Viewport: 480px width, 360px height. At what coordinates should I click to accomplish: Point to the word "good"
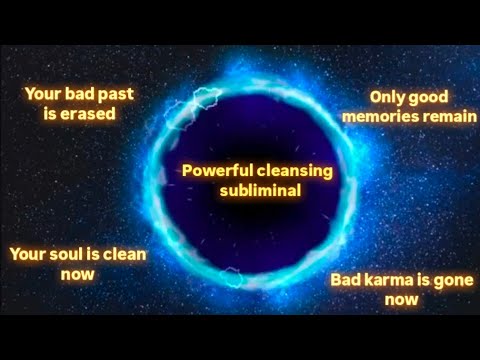(433, 98)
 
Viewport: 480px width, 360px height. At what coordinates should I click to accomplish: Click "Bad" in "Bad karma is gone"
(343, 279)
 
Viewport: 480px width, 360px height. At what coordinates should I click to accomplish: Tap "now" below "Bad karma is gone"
(399, 298)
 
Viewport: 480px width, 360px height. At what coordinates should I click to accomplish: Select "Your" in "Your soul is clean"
(27, 254)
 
